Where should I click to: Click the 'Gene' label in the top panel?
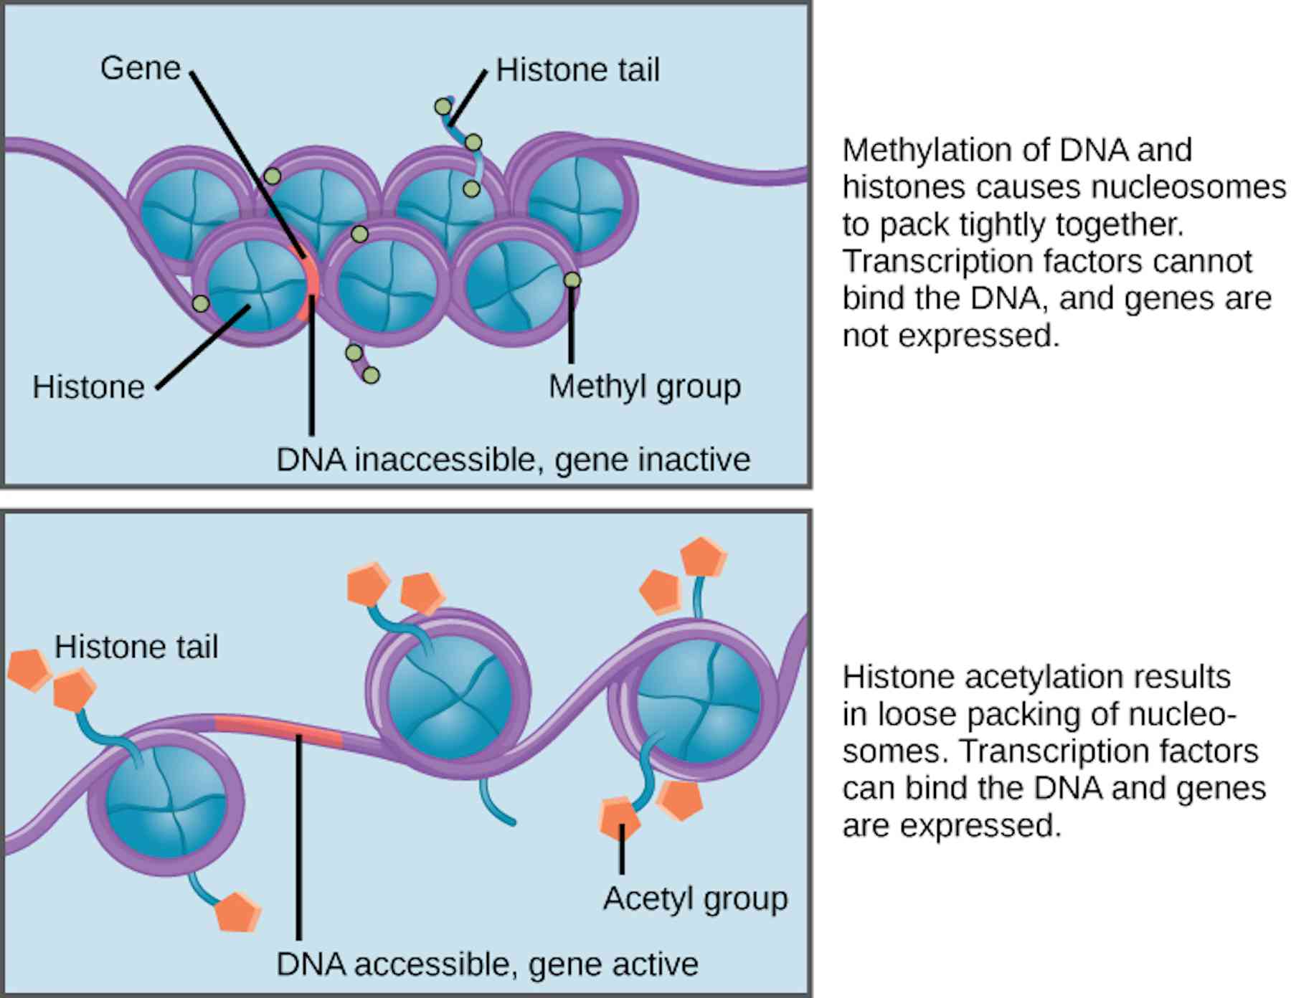pos(140,69)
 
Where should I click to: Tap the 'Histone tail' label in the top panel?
pos(577,70)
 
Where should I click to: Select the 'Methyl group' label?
pos(644,387)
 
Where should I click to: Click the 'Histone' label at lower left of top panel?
pos(88,388)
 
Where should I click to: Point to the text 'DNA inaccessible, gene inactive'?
pos(513,460)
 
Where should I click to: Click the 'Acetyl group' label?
pos(695,898)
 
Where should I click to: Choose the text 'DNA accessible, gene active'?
pos(487,964)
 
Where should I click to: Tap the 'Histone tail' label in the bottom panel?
pos(136,647)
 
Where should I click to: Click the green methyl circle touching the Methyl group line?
pos(572,280)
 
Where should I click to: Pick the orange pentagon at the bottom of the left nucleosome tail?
pos(237,912)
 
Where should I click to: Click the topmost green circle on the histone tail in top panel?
pos(443,108)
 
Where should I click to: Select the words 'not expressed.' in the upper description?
pos(950,336)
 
